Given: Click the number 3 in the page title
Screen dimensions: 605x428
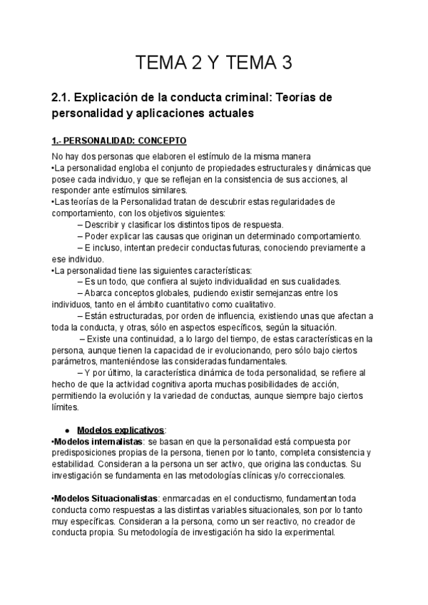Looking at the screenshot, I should coord(286,63).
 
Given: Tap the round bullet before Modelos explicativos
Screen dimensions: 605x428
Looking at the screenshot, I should coord(66,430).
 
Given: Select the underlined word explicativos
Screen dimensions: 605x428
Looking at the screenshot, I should coord(138,430).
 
